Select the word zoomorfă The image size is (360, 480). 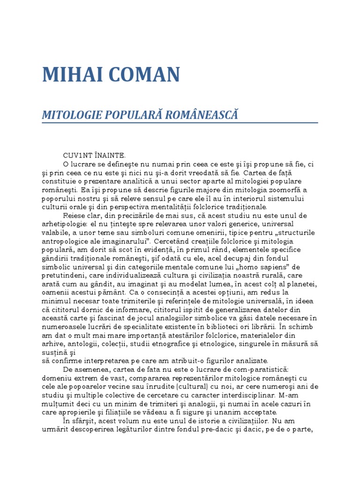pyautogui.click(x=281, y=190)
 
